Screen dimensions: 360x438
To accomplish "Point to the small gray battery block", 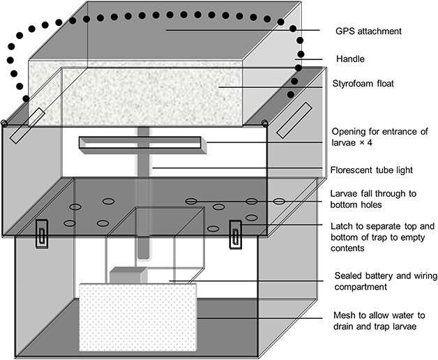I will [x=126, y=275].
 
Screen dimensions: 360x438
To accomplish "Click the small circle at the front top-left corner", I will [x=5, y=124].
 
